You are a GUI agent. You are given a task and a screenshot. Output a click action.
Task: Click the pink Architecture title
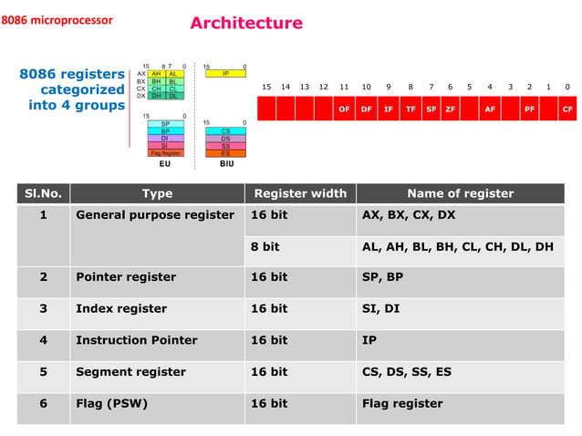(246, 23)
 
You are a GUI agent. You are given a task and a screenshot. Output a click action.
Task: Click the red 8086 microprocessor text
(57, 20)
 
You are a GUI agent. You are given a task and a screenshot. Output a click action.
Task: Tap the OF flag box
(344, 109)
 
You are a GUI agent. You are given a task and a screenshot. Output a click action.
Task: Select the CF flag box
(567, 109)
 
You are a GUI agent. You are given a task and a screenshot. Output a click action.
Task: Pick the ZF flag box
(451, 109)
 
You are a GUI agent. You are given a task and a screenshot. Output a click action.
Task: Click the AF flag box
(490, 109)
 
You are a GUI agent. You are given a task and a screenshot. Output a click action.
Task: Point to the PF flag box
(529, 109)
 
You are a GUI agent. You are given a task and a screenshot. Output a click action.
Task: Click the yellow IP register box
(225, 74)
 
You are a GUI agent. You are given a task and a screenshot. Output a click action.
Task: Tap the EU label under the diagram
(165, 164)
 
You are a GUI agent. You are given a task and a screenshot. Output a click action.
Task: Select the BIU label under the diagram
(226, 164)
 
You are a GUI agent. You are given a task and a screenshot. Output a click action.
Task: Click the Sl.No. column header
(43, 193)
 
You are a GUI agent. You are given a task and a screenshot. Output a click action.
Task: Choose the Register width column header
(300, 193)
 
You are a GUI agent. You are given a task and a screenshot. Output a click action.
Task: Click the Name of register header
(460, 193)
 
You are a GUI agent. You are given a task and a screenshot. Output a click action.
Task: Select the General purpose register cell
(155, 215)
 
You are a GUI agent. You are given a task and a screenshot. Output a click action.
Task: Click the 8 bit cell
(265, 246)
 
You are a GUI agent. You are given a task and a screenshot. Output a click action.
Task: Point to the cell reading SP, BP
(382, 277)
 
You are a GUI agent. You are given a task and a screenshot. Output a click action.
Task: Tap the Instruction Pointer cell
(136, 340)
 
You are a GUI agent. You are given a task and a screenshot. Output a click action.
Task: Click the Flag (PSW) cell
(111, 403)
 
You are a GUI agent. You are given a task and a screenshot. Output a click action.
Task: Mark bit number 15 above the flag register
(266, 87)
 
